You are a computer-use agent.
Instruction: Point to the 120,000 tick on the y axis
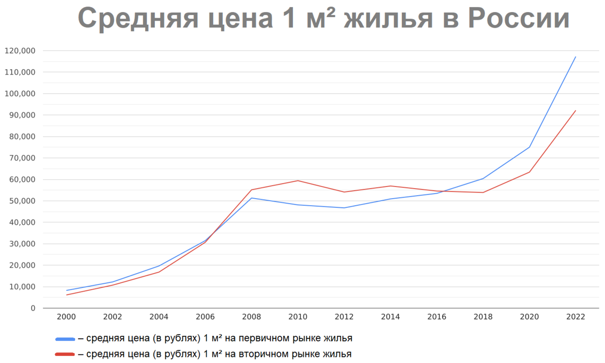coord(19,51)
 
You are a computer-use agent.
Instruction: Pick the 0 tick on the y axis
coord(33,308)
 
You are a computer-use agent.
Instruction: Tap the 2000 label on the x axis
coord(67,317)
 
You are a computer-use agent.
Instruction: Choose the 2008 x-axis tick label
coord(252,317)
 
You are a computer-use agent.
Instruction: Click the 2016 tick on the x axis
coord(437,317)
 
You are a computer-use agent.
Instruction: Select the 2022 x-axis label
coord(575,317)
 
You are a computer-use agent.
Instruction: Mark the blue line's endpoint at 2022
coord(575,57)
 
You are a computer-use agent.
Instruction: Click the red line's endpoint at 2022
coord(575,111)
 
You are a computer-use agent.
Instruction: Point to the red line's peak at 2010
coord(298,180)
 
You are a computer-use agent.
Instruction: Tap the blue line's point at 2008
coord(252,198)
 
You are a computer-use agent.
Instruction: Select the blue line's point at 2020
coord(529,147)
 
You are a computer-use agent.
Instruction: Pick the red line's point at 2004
coord(159,272)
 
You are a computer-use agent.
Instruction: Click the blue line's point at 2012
coord(344,208)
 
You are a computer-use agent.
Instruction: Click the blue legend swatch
coord(65,338)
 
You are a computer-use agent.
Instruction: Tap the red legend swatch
coord(65,354)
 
